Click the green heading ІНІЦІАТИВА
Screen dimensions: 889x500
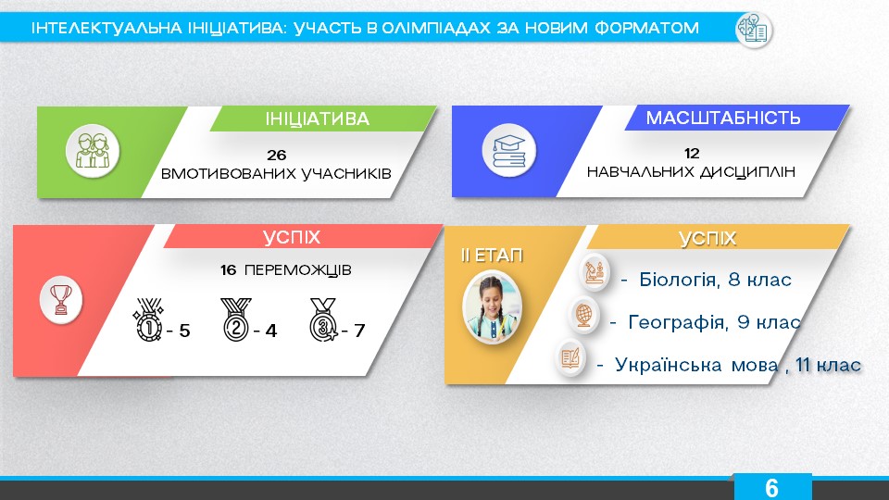(317, 119)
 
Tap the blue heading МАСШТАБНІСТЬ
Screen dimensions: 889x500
(723, 118)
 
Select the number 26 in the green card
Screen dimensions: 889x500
(277, 155)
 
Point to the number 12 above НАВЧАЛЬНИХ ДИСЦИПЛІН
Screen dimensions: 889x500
(692, 153)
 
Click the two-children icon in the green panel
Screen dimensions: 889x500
(93, 151)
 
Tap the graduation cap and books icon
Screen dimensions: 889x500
(508, 150)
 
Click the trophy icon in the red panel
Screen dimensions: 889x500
(61, 299)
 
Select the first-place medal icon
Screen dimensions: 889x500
(148, 319)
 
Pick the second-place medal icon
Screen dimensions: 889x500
(236, 319)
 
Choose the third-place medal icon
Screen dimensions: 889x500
(323, 319)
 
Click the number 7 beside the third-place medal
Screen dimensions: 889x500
(359, 331)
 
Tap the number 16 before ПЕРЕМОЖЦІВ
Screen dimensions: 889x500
(229, 269)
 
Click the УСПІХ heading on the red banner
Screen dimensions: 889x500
(292, 237)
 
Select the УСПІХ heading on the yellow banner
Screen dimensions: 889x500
(707, 239)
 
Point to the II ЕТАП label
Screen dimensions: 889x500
(492, 256)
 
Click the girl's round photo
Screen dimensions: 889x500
(492, 306)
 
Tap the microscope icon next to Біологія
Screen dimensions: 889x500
(595, 272)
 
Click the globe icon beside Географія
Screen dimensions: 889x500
(583, 315)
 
